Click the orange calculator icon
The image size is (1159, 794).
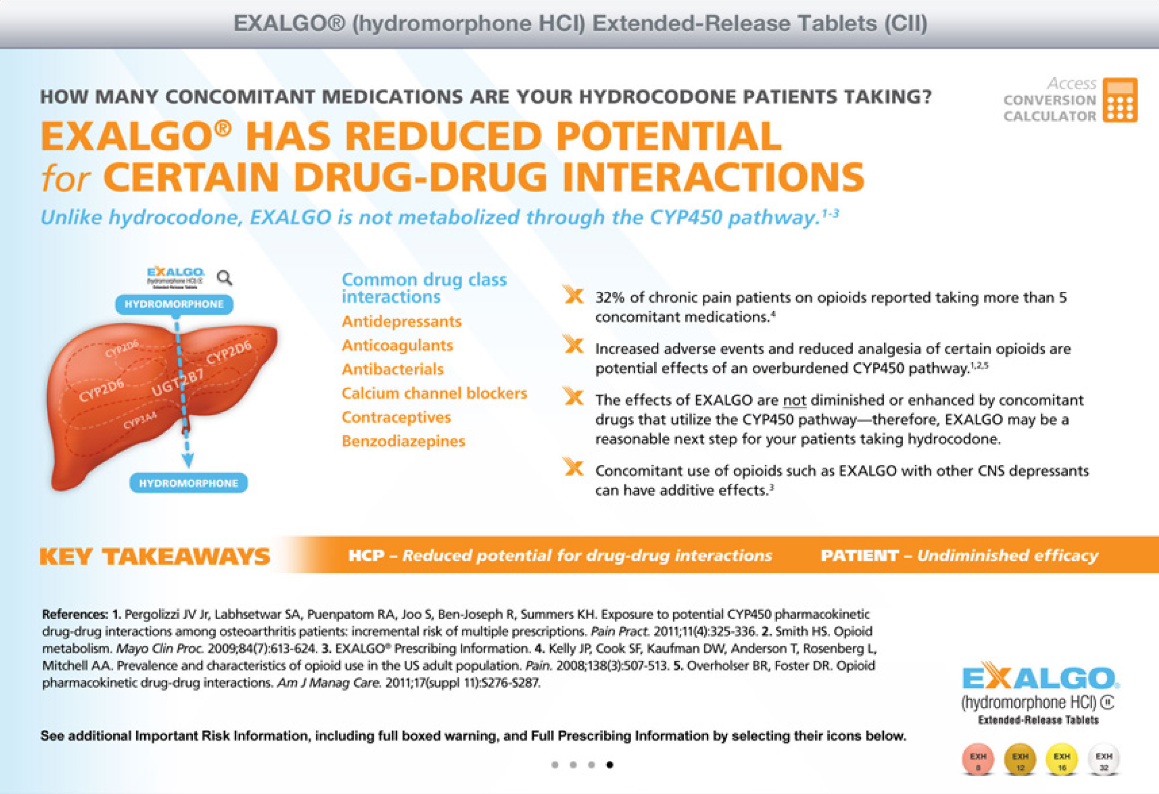1120,100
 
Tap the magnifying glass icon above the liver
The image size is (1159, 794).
225,278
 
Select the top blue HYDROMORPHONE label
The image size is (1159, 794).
174,304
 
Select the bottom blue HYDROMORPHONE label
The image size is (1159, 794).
189,483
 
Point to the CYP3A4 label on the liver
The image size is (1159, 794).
140,420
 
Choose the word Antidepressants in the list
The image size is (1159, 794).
401,322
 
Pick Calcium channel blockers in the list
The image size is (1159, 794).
434,393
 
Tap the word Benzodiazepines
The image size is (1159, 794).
403,441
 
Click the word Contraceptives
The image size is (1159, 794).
396,417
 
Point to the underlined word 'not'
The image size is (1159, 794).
794,401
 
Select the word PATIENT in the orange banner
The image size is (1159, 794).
859,555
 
